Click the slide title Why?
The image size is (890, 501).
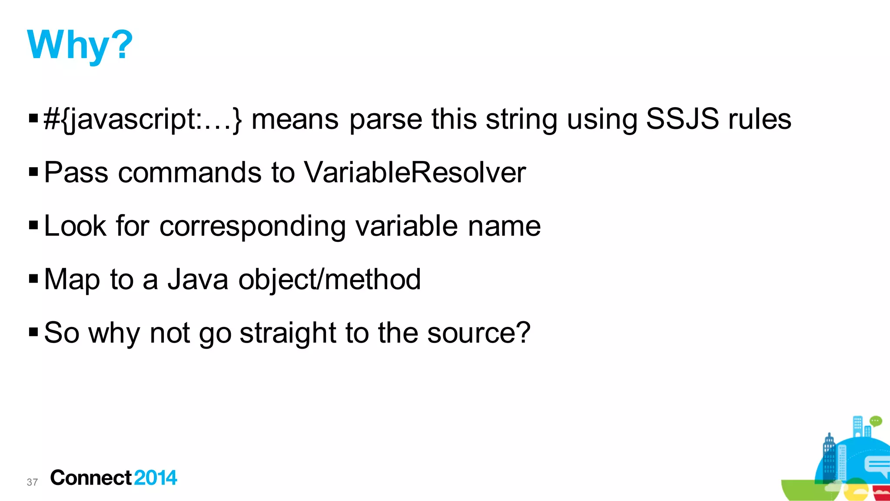pos(80,45)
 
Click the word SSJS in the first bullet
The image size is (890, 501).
pos(682,119)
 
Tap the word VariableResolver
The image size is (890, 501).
pos(415,172)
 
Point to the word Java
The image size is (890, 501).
pos(198,279)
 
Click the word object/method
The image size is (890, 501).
pos(329,279)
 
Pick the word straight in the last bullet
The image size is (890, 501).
pos(288,333)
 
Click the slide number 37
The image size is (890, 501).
pos(32,482)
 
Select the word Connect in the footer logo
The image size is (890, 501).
pos(91,478)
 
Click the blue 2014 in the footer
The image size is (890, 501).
pos(156,478)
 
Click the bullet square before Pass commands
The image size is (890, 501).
pos(33,172)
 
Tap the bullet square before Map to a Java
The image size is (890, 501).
pos(33,279)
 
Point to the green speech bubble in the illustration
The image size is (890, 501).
pos(876,421)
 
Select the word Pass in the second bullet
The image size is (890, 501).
pos(76,172)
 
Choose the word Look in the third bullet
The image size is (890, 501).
pos(75,226)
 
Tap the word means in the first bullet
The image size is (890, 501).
pos(295,119)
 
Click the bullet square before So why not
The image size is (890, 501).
pos(33,333)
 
